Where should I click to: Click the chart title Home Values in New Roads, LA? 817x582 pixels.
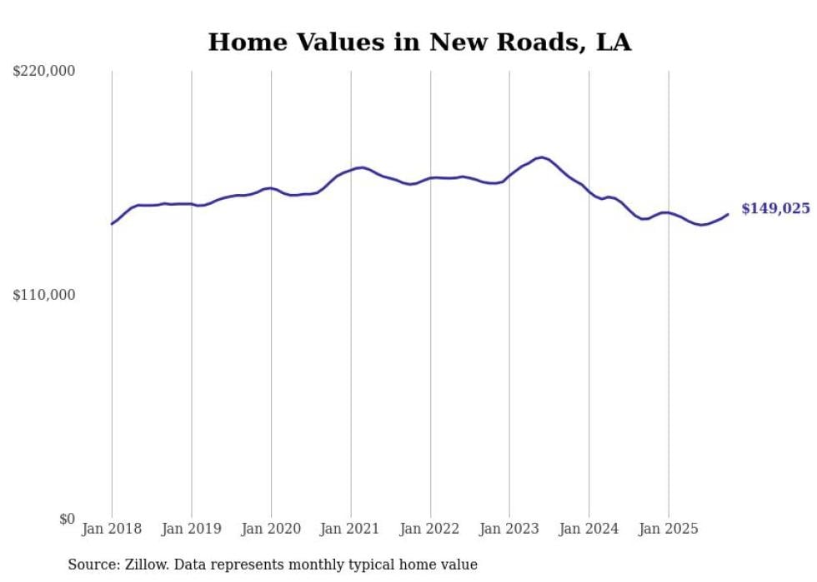419,42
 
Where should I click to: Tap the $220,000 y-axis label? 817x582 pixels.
44,72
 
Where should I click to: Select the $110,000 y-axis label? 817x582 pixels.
44,295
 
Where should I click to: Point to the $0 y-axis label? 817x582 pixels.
67,519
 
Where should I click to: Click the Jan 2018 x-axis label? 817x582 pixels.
112,529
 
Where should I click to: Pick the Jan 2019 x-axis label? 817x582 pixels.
192,529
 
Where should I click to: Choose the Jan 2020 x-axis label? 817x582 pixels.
271,529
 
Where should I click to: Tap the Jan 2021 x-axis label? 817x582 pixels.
351,529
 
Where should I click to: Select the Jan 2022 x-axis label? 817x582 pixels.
430,529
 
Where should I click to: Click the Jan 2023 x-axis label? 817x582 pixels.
509,529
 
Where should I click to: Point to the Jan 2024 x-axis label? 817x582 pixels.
589,529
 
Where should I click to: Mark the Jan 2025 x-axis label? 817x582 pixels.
669,529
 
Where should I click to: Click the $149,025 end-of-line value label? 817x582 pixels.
775,209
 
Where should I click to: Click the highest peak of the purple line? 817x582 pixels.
542,157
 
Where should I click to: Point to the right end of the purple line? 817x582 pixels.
728,214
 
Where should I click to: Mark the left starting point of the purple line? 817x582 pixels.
112,223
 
